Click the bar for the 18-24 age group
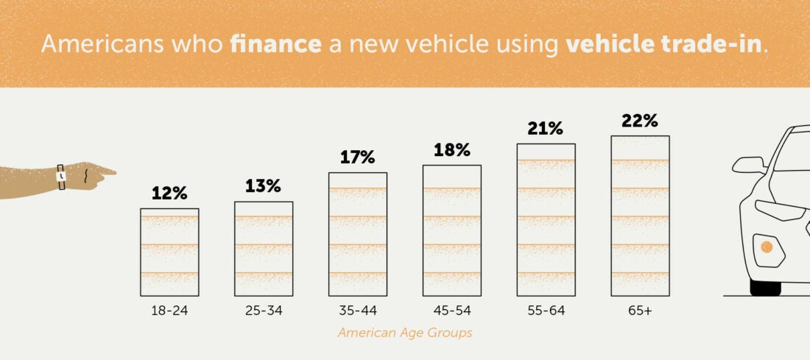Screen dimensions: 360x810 tap(169, 252)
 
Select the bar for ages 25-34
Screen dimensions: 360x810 tap(264, 248)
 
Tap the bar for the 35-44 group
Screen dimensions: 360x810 tap(357, 233)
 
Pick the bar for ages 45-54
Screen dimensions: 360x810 tap(451, 230)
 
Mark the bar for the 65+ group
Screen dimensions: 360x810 tap(640, 215)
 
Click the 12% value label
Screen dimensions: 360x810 tap(169, 194)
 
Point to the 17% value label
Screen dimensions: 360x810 tap(357, 157)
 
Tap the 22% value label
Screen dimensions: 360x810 tap(639, 120)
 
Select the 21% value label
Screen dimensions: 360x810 tap(545, 128)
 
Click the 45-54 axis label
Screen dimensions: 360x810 tap(451, 311)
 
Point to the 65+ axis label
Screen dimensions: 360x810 tap(639, 311)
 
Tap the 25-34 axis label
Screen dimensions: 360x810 tap(264, 311)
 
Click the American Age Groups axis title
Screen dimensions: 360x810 tap(405, 333)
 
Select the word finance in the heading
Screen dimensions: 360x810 tap(275, 43)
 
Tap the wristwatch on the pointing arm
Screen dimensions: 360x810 tap(61, 177)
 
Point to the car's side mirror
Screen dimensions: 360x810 tap(749, 166)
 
